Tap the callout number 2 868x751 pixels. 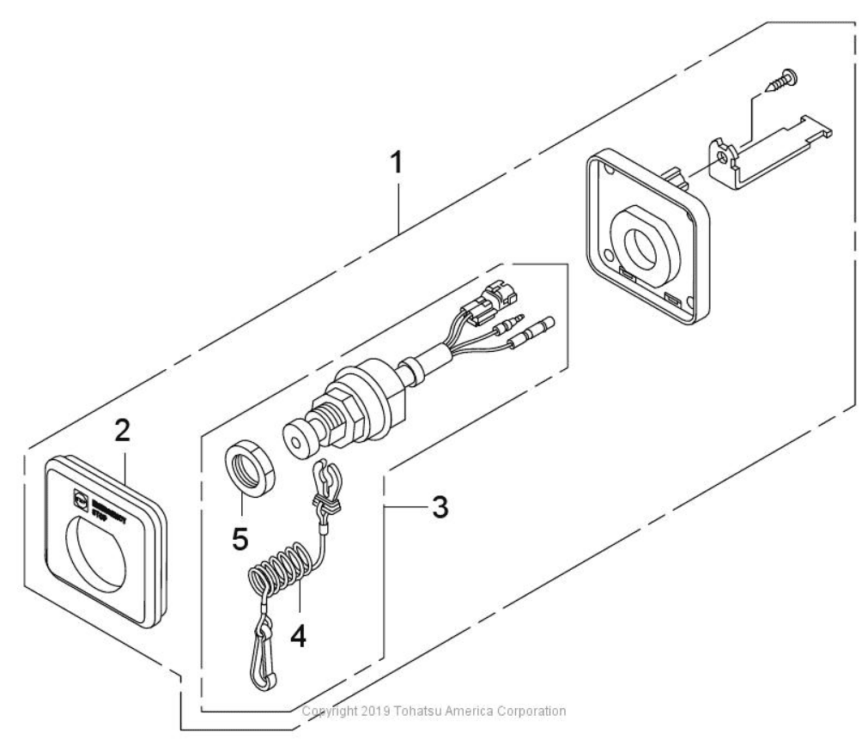pyautogui.click(x=124, y=432)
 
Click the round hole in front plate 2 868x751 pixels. pyautogui.click(x=103, y=553)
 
